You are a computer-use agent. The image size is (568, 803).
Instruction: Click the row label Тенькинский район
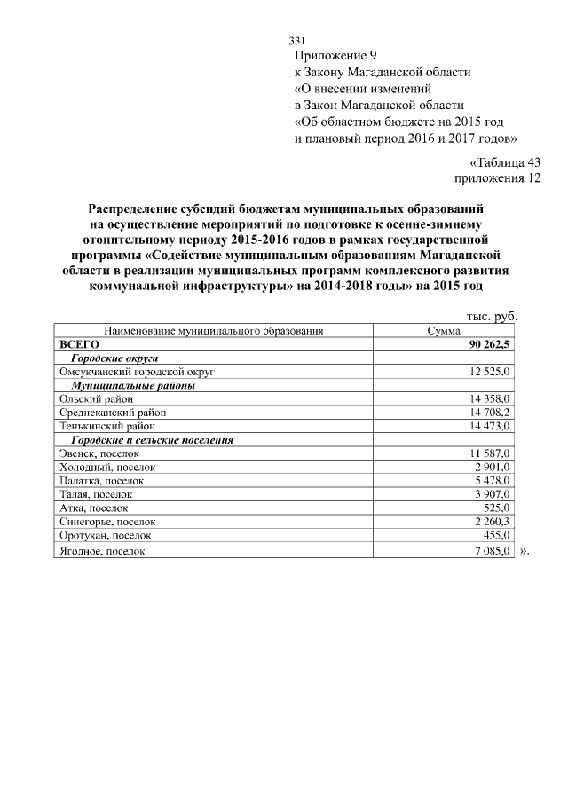coord(106,426)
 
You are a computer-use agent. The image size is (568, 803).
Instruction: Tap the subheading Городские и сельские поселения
coord(153,439)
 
